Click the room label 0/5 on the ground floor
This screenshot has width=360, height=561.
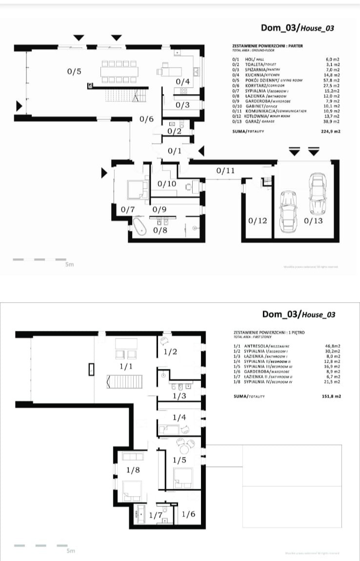coord(74,72)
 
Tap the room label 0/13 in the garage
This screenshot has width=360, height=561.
coord(313,221)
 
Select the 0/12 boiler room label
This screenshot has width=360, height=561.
coord(258,221)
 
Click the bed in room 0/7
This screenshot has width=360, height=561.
coord(134,189)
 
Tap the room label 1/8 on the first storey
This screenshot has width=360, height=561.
coord(133,470)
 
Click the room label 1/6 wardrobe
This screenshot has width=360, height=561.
coord(189,514)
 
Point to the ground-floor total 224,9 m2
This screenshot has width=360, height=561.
coord(330,132)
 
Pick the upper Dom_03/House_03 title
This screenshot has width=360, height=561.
coord(297,28)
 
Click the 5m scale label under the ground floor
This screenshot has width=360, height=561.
coord(69,265)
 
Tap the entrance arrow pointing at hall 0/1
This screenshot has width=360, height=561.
coord(201,151)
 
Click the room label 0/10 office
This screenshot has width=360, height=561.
coord(167,183)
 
